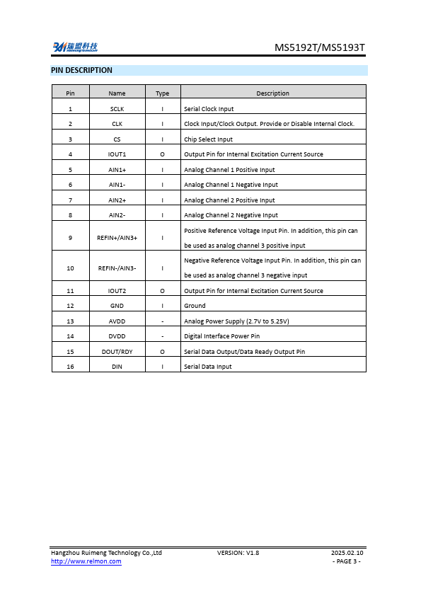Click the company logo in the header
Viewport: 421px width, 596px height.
click(75, 47)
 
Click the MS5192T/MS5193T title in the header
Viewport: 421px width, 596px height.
click(319, 48)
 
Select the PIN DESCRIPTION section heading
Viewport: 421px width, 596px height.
click(81, 70)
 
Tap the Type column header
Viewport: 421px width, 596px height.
click(163, 93)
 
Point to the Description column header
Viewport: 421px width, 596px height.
click(273, 93)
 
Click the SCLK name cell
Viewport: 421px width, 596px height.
click(117, 109)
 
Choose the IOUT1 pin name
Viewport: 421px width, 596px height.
click(117, 154)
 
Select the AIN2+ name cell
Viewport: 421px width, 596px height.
click(117, 200)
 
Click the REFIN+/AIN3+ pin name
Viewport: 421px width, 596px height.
click(117, 238)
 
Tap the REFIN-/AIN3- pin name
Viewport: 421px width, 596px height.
click(117, 268)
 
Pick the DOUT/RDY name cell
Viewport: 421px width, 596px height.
click(117, 352)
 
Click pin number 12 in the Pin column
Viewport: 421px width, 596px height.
click(70, 306)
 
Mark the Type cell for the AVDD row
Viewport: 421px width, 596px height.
click(163, 321)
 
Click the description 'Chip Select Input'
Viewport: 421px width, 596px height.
click(208, 139)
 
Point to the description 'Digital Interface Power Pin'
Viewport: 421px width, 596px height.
click(221, 336)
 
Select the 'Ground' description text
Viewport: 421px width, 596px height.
click(195, 306)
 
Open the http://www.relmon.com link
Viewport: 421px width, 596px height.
click(86, 561)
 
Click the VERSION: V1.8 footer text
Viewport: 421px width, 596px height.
click(238, 552)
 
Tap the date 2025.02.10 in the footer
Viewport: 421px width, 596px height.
click(347, 552)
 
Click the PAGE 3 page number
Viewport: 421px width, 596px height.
click(347, 561)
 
